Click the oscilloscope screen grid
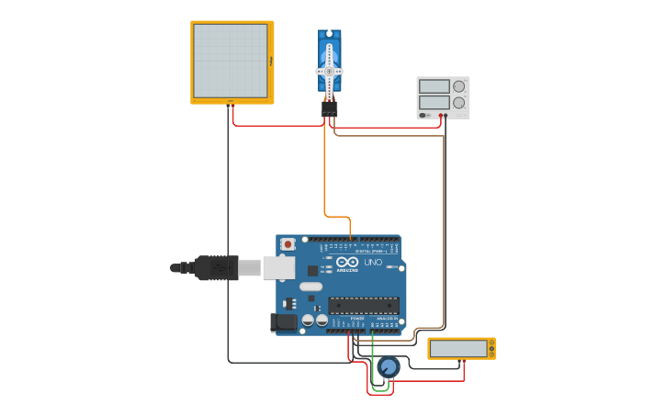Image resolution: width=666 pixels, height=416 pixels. click(231, 61)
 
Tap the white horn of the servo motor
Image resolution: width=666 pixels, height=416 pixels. click(329, 71)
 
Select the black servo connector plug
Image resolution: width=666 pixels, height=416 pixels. click(329, 108)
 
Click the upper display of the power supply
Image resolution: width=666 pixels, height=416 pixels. click(434, 86)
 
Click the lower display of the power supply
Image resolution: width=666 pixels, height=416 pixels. click(434, 102)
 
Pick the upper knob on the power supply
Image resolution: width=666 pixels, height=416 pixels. click(458, 86)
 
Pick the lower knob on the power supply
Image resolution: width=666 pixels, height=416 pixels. click(458, 102)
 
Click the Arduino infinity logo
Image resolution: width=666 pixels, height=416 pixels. click(347, 262)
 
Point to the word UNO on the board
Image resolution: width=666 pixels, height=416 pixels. click(372, 263)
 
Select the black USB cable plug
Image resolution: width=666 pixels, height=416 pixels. click(216, 268)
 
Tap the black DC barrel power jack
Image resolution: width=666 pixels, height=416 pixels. click(285, 321)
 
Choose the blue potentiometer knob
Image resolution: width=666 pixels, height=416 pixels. click(389, 367)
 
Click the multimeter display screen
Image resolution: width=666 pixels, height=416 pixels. click(457, 349)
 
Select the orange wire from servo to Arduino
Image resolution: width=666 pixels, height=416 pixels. click(324, 174)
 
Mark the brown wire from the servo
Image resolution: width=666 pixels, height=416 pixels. click(444, 230)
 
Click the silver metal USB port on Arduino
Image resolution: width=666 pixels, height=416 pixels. click(278, 267)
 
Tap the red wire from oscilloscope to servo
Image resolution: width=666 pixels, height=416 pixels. click(276, 126)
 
